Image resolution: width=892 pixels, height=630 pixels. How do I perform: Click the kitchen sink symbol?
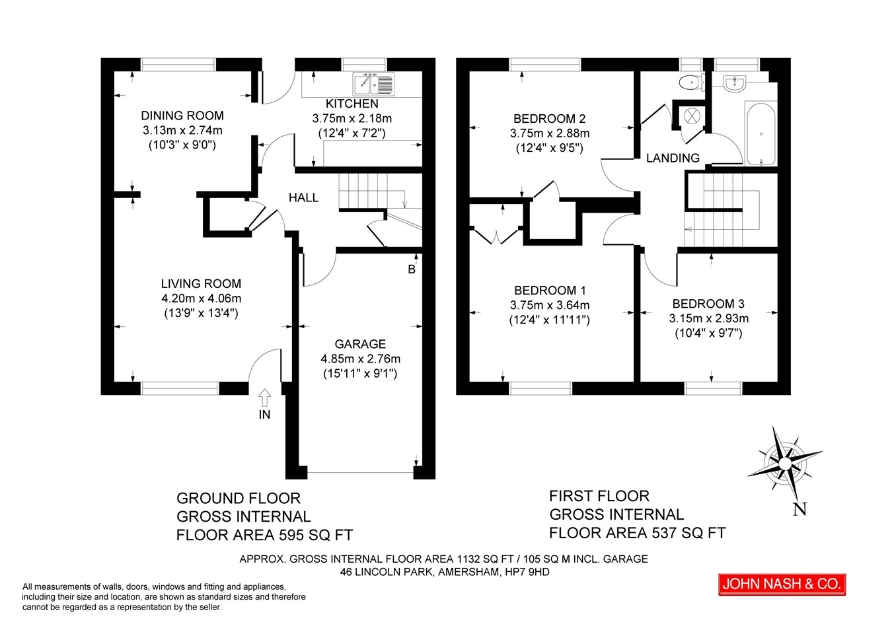tap(373, 84)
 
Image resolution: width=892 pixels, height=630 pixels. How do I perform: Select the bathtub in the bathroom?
tap(761, 134)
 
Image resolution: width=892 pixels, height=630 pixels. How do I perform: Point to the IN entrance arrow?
tap(264, 397)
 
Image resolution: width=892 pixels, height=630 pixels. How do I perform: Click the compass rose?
tap(784, 464)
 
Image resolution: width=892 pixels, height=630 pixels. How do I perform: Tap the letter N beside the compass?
tap(799, 509)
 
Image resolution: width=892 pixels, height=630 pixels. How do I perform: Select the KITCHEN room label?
tap(352, 104)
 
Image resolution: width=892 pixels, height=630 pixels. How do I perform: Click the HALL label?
tap(303, 197)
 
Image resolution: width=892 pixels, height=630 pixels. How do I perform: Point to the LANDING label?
tap(673, 158)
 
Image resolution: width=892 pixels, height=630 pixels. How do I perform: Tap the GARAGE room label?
tap(360, 344)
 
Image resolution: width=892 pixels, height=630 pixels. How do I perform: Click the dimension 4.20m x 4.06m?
tap(201, 298)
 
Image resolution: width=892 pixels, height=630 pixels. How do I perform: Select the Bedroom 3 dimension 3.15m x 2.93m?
tap(709, 318)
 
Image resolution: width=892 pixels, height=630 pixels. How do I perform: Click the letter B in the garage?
tap(412, 269)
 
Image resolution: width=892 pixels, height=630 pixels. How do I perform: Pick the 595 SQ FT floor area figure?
tap(316, 535)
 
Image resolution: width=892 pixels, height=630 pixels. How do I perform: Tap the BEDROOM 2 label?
tap(550, 119)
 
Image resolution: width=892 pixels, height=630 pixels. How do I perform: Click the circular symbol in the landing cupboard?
tap(692, 116)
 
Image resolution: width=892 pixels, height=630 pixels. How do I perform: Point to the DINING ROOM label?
tap(182, 116)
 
